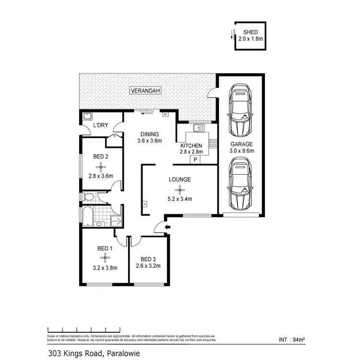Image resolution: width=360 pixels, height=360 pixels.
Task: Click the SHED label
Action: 251,32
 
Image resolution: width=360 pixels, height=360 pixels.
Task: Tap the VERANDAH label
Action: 144,90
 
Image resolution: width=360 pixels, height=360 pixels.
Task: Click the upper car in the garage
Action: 240,111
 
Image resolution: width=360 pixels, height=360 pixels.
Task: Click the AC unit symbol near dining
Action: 165,114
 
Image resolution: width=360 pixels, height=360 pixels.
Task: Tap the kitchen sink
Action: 199,128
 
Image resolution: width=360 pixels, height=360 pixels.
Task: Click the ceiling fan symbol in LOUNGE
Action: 180,190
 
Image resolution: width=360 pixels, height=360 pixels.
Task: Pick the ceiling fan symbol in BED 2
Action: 101,167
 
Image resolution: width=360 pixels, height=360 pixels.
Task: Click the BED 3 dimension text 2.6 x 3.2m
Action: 148,265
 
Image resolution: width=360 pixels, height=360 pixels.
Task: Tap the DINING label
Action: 150,134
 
